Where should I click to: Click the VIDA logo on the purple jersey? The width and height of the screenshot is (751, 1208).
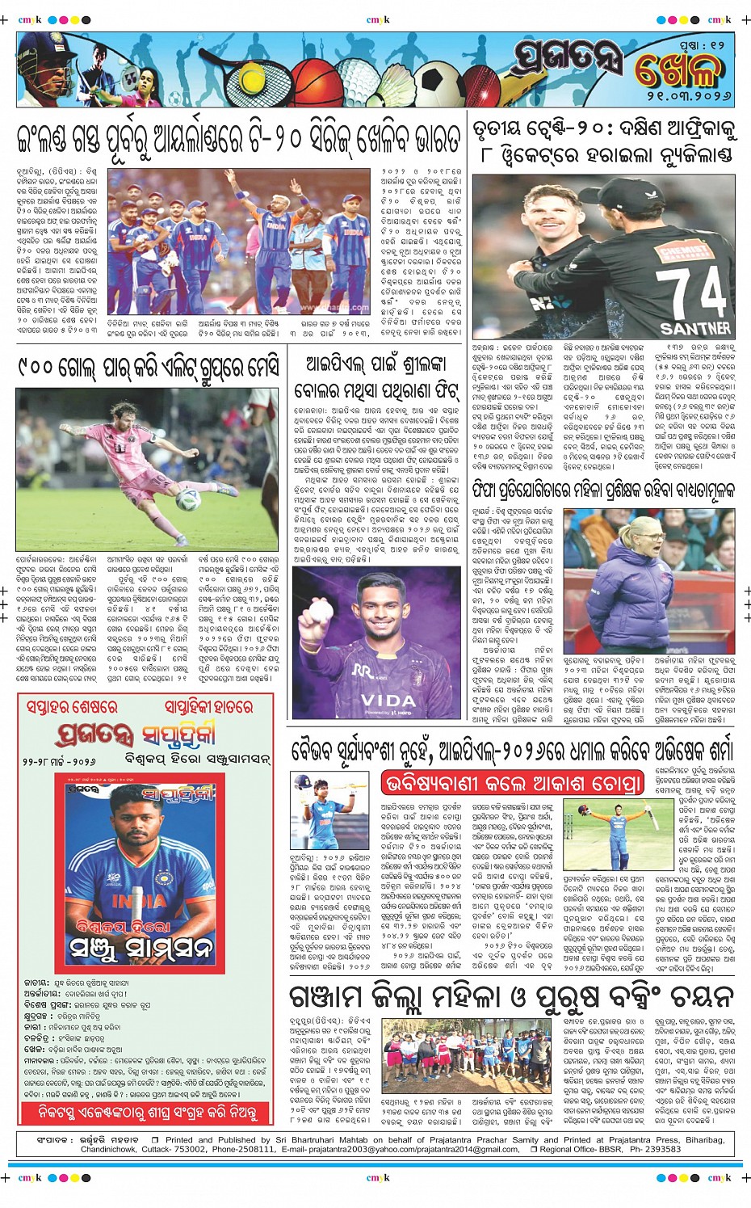coord(388,700)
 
